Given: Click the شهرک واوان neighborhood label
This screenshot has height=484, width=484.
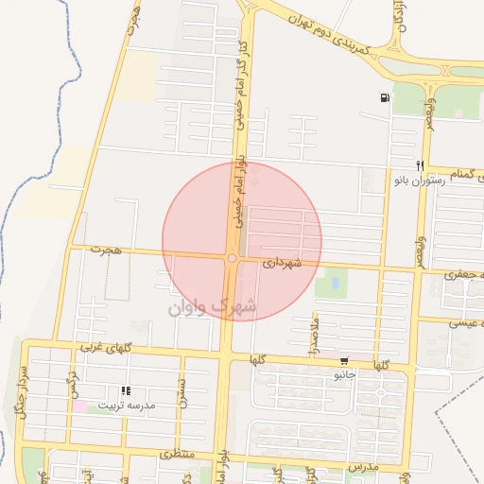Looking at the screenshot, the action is pyautogui.click(x=212, y=306).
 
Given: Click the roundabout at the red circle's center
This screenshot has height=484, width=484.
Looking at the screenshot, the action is pyautogui.click(x=232, y=258).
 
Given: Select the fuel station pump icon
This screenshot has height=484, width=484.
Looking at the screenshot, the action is pyautogui.click(x=385, y=98).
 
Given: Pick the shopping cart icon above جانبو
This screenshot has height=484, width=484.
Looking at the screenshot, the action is pyautogui.click(x=344, y=360).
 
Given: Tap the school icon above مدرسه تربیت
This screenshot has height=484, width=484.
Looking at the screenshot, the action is pyautogui.click(x=126, y=389).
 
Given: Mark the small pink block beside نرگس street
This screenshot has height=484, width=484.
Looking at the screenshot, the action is pyautogui.click(x=80, y=406).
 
